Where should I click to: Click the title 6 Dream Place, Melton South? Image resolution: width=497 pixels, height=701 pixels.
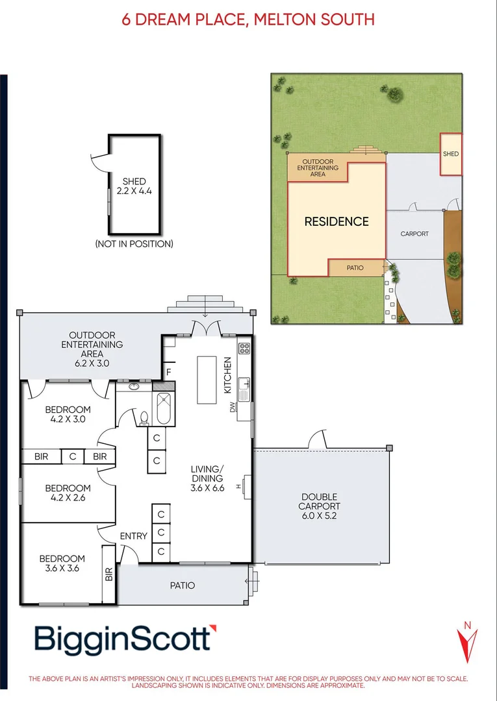tap(248, 19)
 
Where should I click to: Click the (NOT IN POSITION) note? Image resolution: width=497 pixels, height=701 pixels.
tap(134, 244)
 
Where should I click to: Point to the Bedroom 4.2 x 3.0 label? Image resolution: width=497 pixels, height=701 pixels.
tap(68, 414)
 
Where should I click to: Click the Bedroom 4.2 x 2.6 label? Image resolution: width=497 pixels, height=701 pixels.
tap(68, 493)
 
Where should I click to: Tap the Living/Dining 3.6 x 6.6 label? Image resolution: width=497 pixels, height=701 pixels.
tap(207, 478)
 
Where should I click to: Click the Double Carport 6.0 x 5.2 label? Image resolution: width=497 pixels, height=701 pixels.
tap(319, 506)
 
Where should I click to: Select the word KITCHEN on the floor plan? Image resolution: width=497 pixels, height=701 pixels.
tap(227, 375)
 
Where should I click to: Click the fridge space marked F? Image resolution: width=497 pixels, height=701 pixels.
tap(168, 372)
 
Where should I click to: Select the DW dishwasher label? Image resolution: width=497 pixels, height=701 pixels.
tap(231, 408)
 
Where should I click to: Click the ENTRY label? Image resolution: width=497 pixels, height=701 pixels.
tap(133, 536)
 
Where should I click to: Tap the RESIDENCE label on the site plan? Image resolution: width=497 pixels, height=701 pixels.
tap(337, 221)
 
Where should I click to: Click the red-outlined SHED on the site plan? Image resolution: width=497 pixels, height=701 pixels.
tap(451, 154)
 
